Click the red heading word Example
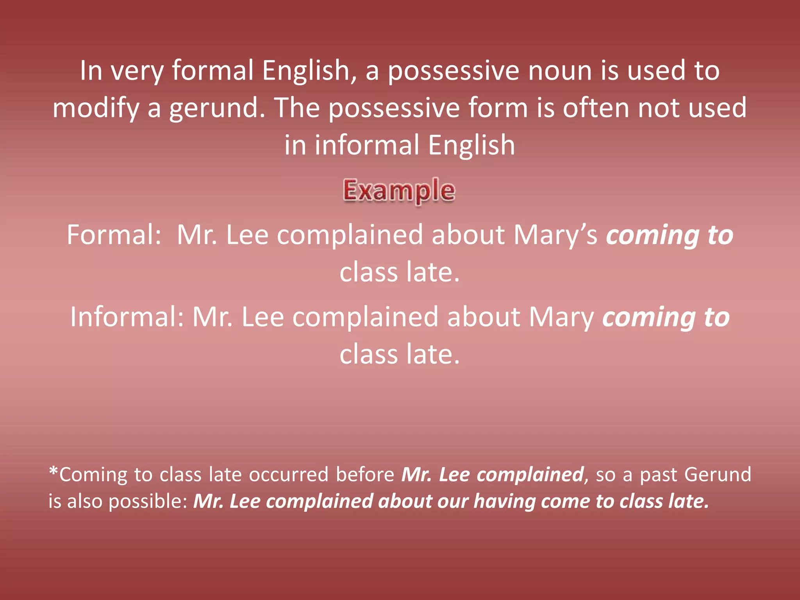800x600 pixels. click(x=399, y=191)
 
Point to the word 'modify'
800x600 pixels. click(x=96, y=108)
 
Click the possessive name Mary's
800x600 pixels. click(x=555, y=235)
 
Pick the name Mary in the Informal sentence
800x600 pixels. click(x=561, y=317)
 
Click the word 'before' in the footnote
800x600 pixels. click(x=365, y=475)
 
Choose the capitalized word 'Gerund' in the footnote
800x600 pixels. click(x=718, y=475)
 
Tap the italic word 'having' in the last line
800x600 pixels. click(x=504, y=502)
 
